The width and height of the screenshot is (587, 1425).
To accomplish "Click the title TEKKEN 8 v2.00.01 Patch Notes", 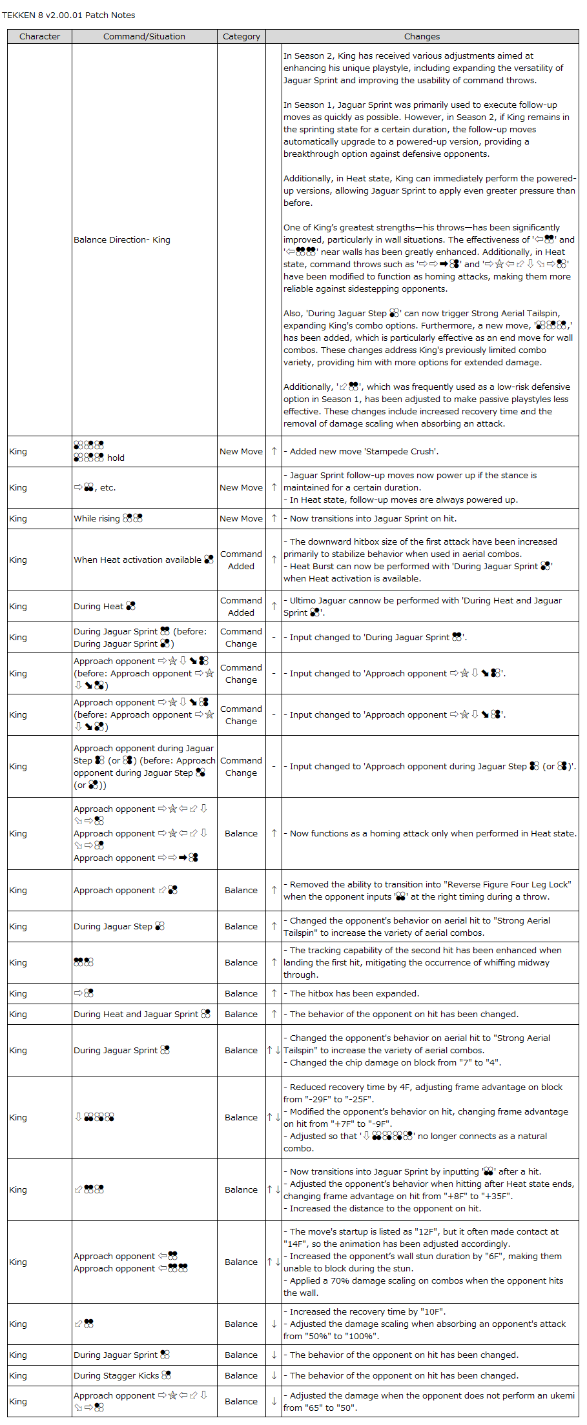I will tap(68, 15).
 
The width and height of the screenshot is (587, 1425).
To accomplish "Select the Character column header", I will tap(39, 37).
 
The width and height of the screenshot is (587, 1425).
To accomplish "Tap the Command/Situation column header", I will tap(144, 37).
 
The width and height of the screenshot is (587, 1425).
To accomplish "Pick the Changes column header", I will tap(422, 37).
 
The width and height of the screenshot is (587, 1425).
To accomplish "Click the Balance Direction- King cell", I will tap(122, 240).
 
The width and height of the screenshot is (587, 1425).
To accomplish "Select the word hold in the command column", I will tap(116, 458).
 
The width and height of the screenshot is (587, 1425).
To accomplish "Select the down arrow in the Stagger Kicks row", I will tap(274, 1375).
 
